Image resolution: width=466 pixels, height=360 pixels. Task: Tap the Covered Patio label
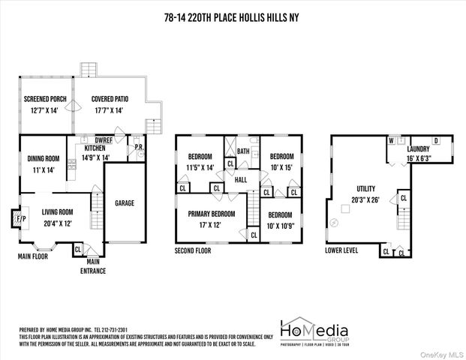click(110, 99)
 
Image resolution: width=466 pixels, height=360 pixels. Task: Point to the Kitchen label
click(94, 148)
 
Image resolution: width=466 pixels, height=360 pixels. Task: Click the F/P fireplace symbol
click(20, 219)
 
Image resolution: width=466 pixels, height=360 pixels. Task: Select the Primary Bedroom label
click(218, 214)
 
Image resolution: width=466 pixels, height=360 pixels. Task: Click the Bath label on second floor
click(244, 151)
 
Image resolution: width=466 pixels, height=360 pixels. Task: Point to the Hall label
click(240, 180)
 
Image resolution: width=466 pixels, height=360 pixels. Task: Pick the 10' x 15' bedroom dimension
click(281, 167)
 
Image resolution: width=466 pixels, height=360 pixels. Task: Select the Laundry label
click(418, 138)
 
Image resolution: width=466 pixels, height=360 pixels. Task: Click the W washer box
click(391, 139)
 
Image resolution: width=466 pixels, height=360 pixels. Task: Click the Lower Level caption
click(341, 250)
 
